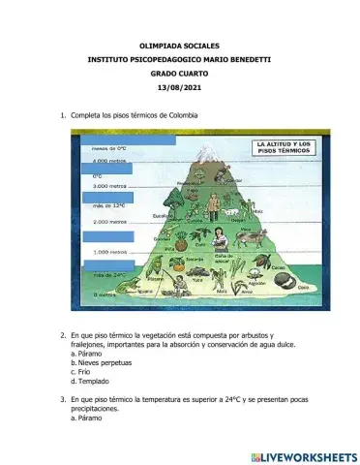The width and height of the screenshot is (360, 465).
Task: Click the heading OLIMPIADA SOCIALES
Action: point(179,46)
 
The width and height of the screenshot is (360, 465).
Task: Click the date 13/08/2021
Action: point(179,88)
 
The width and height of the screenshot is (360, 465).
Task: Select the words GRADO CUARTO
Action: point(179,74)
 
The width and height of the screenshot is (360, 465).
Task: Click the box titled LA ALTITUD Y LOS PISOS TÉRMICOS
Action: point(283,149)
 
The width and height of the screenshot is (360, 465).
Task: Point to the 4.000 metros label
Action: point(109,161)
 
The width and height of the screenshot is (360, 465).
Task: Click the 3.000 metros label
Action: point(109,185)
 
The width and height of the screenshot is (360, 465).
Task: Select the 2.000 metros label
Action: point(109,222)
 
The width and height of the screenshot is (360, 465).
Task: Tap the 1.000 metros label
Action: point(109,253)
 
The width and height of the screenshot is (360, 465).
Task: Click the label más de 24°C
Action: point(109,275)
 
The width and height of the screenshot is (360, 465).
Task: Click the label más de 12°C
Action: point(108,206)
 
